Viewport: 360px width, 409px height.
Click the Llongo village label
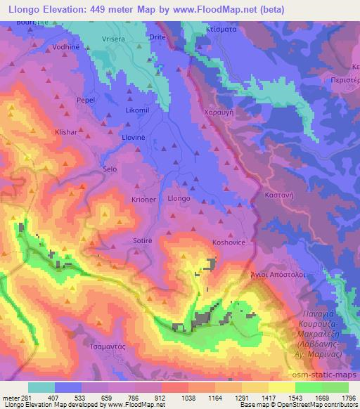point(179,199)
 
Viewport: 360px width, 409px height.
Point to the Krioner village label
point(143,199)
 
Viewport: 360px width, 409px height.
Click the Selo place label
point(110,169)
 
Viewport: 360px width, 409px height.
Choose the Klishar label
point(68,131)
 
